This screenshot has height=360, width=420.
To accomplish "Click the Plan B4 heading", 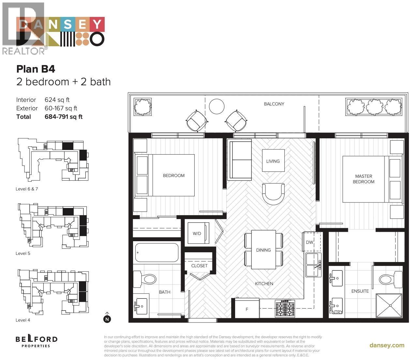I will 36,69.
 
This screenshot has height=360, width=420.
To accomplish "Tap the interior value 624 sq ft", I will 57,100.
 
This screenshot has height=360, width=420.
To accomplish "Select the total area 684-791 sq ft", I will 64,117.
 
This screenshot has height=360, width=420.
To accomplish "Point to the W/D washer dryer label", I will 197,234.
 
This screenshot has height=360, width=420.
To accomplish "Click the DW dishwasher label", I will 309,242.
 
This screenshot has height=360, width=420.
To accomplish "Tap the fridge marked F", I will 247,309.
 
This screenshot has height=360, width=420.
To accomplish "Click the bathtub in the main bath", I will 157,253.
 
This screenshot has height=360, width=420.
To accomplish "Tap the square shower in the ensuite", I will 390,305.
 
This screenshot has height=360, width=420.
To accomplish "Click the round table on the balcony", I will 217,106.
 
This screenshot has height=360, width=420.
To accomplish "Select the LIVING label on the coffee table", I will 273,161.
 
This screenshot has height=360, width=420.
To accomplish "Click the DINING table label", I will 263,250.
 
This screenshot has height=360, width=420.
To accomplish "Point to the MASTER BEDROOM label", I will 364,179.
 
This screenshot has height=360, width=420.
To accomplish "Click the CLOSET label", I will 200,266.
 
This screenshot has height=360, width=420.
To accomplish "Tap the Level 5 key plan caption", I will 23,253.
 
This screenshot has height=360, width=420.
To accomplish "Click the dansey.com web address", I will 387,345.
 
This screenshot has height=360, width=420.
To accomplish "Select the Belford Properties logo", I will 37,341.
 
